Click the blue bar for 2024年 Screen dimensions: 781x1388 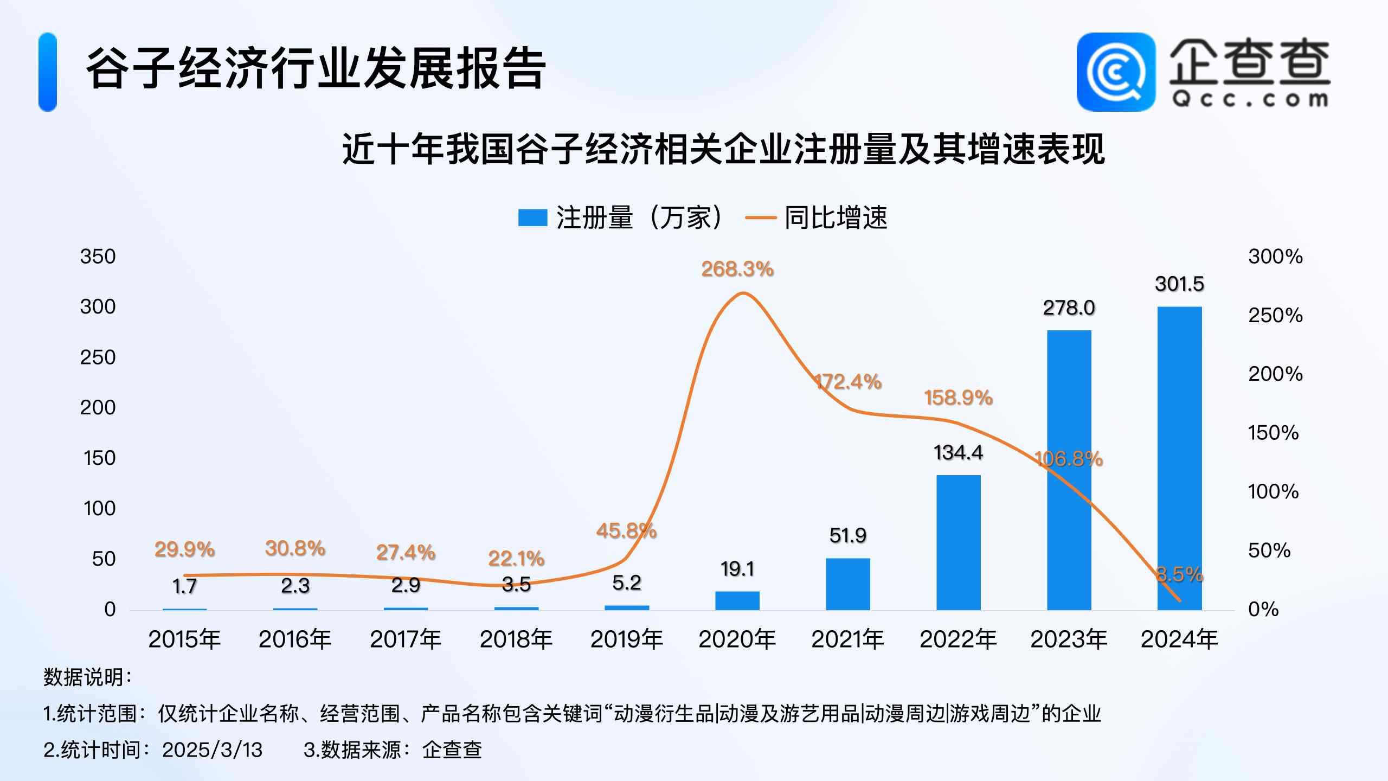tap(1179, 458)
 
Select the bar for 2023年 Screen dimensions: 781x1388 tap(1069, 470)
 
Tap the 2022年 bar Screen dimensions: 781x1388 tap(958, 542)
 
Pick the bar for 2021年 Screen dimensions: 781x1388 tap(847, 584)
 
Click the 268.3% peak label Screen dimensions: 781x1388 tap(737, 269)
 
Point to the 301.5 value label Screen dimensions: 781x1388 tap(1179, 284)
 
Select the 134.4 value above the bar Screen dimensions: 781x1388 tap(958, 453)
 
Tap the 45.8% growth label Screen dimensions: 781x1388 tap(626, 530)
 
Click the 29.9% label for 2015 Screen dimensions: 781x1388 tap(184, 549)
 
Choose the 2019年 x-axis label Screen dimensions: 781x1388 tap(626, 639)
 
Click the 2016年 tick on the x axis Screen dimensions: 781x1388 tap(295, 639)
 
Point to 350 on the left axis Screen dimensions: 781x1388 tap(98, 257)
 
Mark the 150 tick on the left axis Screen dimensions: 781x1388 tap(100, 458)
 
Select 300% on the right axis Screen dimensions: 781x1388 tap(1275, 257)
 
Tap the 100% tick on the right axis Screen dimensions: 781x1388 tap(1273, 492)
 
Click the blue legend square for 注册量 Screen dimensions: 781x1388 tap(532, 218)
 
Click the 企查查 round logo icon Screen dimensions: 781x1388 tap(1116, 72)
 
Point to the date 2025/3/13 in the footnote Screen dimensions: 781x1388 tap(212, 750)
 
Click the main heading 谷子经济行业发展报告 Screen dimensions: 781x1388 tap(316, 69)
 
